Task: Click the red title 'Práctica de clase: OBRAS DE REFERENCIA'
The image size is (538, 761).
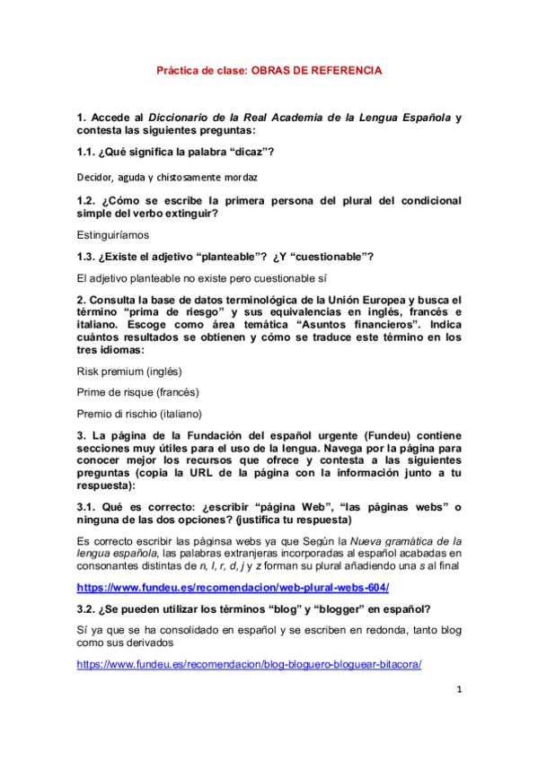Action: click(x=269, y=69)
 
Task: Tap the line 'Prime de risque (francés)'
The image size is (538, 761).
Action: click(x=138, y=391)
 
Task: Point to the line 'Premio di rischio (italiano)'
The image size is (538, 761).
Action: click(x=140, y=414)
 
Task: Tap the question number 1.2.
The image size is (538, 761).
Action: click(x=89, y=200)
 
